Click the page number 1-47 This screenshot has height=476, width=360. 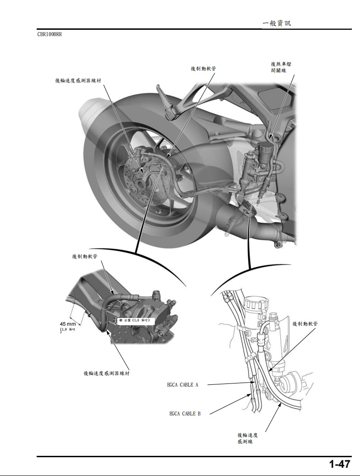point(339,464)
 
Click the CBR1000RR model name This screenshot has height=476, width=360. point(49,34)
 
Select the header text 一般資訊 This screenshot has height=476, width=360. point(277,23)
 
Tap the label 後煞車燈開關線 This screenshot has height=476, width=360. point(281,67)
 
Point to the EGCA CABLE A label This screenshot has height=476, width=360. point(183,385)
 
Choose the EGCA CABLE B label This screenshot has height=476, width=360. point(185,414)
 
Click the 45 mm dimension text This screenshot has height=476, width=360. point(68,324)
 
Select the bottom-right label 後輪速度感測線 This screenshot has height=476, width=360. point(247,438)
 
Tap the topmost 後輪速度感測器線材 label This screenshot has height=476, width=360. point(78,81)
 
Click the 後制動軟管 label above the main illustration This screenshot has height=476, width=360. point(203,68)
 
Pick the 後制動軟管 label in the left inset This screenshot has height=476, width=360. point(84,257)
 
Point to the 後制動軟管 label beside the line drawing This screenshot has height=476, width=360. point(305,324)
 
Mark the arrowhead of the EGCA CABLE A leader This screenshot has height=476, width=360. point(255,384)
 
